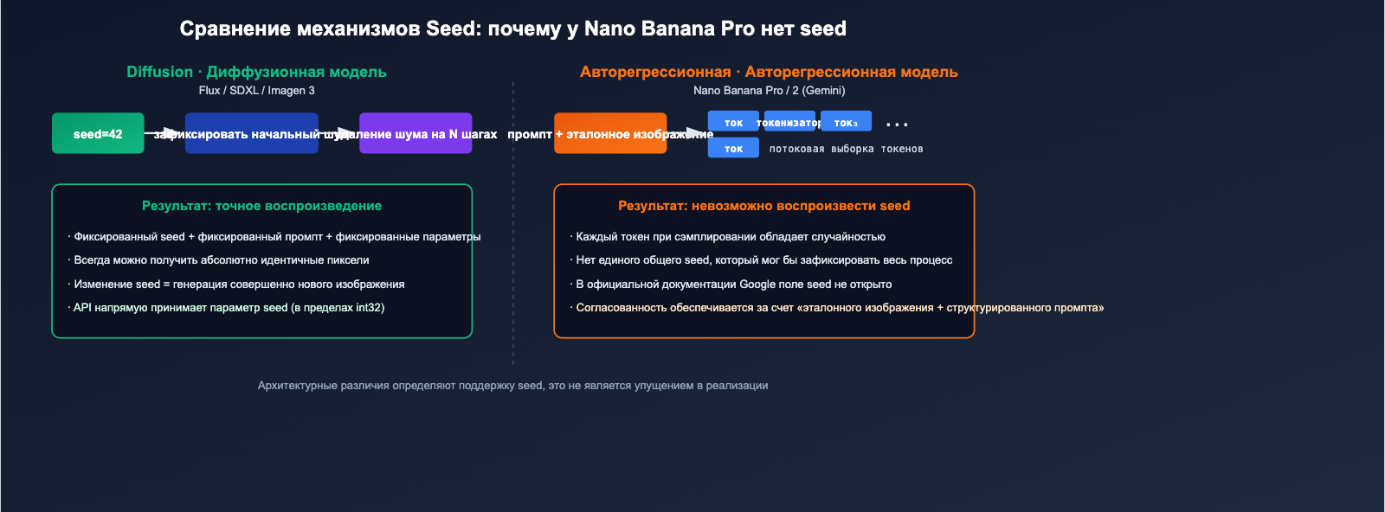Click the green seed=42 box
coord(98,133)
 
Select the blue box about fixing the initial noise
coord(251,133)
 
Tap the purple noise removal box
coord(415,133)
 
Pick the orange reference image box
coord(610,133)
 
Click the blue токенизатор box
coord(789,122)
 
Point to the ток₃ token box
coord(846,122)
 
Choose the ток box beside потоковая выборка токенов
coord(733,149)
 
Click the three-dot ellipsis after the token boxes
coord(897,125)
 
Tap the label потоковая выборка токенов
coord(846,149)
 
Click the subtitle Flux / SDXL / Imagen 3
coord(256,90)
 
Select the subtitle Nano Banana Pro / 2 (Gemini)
coord(769,90)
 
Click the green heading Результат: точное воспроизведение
coord(261,206)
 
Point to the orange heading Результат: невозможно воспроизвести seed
coord(763,206)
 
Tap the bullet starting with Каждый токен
coord(730,236)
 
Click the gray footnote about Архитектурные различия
coord(512,385)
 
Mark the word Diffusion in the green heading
coord(159,72)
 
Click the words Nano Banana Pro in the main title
coord(669,29)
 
